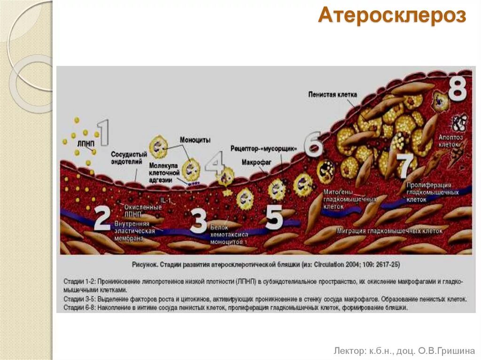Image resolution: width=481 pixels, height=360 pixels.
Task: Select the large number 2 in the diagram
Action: click(x=102, y=219)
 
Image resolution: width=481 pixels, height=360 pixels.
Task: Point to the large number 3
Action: click(x=198, y=221)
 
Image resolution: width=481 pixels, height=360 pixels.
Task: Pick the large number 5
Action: click(x=274, y=218)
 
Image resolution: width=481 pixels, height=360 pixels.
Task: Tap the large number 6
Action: click(x=313, y=145)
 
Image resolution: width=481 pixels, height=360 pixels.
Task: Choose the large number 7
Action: click(x=405, y=165)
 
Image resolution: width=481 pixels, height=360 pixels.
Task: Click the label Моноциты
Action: click(x=195, y=140)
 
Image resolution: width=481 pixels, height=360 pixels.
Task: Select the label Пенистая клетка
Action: click(x=333, y=94)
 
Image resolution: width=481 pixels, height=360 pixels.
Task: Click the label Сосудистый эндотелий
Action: click(x=127, y=158)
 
